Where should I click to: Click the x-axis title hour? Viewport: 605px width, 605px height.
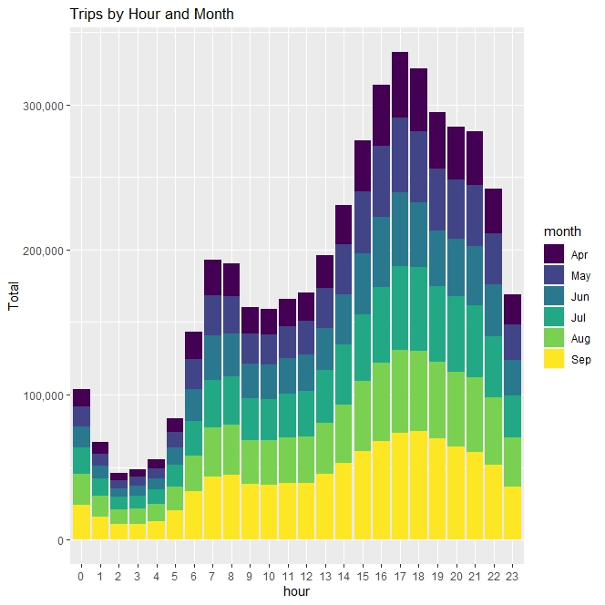(297, 591)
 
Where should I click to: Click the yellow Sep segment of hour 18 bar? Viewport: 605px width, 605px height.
(418, 485)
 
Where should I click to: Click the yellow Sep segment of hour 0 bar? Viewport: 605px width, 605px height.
(81, 522)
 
